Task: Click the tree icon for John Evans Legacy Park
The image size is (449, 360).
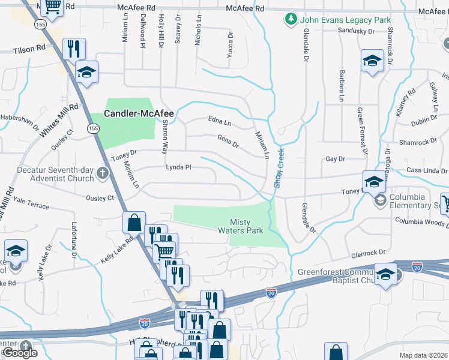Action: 291,20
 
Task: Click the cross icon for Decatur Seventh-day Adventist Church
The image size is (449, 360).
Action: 103,175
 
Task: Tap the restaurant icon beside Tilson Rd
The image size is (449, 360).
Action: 74,48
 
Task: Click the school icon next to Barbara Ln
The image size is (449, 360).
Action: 372,61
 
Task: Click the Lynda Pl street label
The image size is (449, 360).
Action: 178,167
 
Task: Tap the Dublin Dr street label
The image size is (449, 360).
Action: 424,121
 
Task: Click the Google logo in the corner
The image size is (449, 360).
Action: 20,353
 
